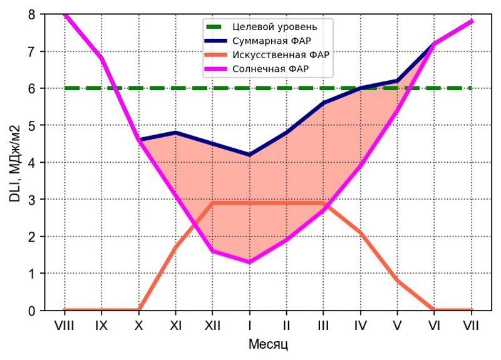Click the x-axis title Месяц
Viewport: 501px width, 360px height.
pyautogui.click(x=268, y=345)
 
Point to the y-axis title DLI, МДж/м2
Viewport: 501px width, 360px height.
pyautogui.click(x=16, y=163)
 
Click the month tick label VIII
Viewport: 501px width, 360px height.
pyautogui.click(x=65, y=325)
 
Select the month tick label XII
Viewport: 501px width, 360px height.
pyautogui.click(x=212, y=325)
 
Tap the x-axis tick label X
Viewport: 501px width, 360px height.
pyautogui.click(x=138, y=325)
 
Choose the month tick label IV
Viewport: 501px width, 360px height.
pyautogui.click(x=360, y=325)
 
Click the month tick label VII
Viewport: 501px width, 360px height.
pyautogui.click(x=472, y=325)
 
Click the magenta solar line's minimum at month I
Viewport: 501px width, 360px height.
pyautogui.click(x=250, y=262)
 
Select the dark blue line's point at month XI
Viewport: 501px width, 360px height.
pyautogui.click(x=175, y=133)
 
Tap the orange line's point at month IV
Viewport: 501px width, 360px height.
pyautogui.click(x=361, y=233)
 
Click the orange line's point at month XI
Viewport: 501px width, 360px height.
pyautogui.click(x=175, y=248)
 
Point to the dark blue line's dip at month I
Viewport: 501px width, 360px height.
pyautogui.click(x=250, y=155)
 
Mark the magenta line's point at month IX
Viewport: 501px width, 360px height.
pyautogui.click(x=101, y=58)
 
